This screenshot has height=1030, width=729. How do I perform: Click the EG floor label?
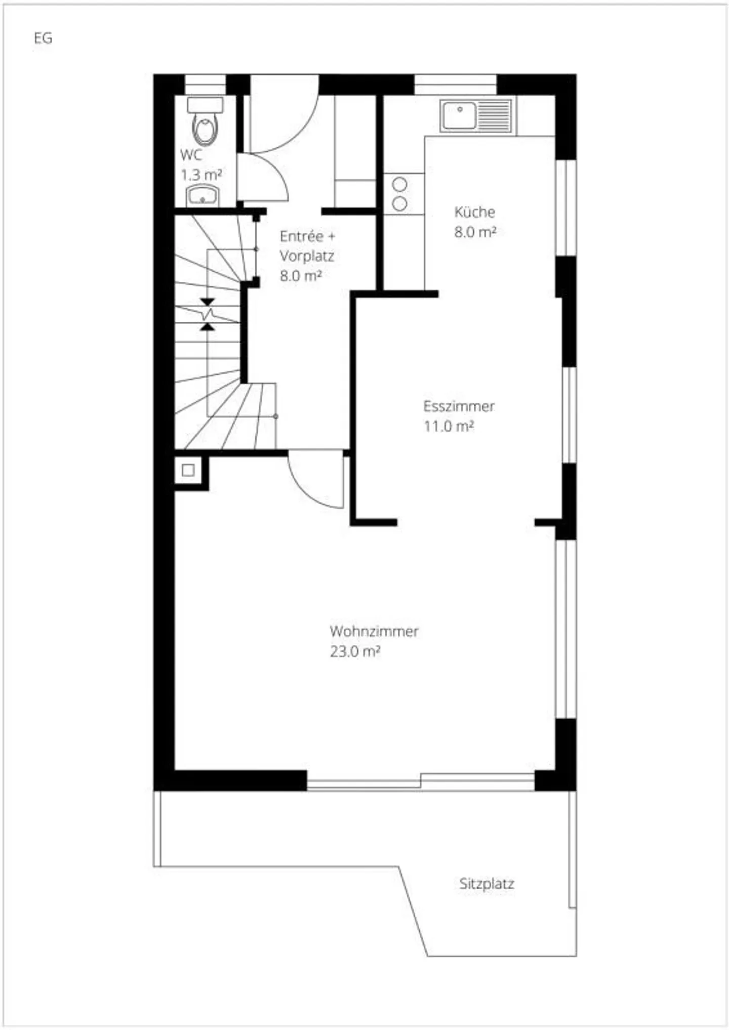click(43, 38)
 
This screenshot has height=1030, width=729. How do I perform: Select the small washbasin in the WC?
click(203, 195)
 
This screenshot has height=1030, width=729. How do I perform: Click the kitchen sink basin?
click(459, 116)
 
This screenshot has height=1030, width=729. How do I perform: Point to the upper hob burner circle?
click(400, 184)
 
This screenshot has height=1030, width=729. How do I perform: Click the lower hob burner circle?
click(400, 203)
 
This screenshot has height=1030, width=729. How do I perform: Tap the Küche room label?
click(474, 212)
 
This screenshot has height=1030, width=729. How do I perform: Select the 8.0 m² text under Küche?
click(475, 232)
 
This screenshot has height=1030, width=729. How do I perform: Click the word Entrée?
click(301, 236)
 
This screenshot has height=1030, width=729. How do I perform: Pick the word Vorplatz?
click(307, 256)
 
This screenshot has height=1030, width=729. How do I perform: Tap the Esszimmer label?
click(459, 406)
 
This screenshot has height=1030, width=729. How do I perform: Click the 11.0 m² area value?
click(449, 426)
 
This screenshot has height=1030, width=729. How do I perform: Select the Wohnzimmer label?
click(374, 631)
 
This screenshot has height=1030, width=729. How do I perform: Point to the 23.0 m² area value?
click(355, 651)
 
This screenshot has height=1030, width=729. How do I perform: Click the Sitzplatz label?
click(487, 883)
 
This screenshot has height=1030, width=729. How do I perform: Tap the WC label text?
click(190, 154)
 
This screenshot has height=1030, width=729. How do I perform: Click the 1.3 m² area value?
click(201, 175)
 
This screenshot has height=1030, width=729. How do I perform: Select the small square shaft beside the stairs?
click(188, 470)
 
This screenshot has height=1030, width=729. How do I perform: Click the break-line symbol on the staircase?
click(208, 314)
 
